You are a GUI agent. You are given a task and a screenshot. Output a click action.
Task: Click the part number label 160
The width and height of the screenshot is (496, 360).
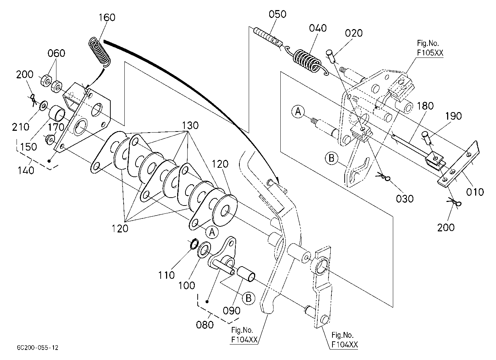tap(107, 18)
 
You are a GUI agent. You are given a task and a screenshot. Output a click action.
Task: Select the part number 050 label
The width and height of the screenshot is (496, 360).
tap(277, 14)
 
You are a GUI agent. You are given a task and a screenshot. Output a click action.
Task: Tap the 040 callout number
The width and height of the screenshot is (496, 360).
tap(318, 28)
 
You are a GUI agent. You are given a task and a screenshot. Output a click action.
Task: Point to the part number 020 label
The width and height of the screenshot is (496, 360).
tap(354, 33)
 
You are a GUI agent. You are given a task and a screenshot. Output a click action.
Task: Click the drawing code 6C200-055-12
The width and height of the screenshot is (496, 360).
tap(38, 348)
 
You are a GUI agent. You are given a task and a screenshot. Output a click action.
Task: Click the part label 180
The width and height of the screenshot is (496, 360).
tap(425, 106)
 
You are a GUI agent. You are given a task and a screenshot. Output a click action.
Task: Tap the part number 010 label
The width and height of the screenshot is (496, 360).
tap(475, 192)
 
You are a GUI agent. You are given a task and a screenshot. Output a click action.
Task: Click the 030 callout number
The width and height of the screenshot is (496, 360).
tap(405, 199)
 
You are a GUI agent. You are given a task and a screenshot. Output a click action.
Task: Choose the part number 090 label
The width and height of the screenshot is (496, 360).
tap(231, 311)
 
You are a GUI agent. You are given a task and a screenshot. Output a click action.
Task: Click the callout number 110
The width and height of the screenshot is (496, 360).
tap(166, 276)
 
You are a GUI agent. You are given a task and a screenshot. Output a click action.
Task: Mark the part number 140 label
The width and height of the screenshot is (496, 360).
tap(26, 171)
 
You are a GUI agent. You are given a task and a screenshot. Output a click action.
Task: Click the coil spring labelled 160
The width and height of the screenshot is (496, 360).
tap(100, 52)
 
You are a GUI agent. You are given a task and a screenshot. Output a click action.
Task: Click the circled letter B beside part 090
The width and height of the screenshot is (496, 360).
tap(248, 299)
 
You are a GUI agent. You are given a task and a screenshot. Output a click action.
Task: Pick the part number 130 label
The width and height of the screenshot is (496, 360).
tap(190, 125)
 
